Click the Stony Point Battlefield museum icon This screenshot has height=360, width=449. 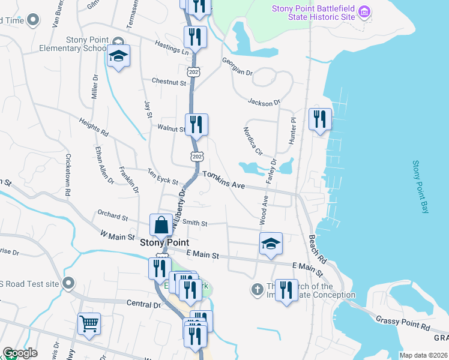364,11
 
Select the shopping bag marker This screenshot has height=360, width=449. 162,226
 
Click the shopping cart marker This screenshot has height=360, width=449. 89,323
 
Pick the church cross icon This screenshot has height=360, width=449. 257,290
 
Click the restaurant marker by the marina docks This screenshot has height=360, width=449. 320,118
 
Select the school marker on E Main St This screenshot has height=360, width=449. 271,244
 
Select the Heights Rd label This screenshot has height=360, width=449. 94,126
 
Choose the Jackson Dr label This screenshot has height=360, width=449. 264,102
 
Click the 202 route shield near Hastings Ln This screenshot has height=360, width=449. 193,72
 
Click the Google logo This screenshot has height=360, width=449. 20,353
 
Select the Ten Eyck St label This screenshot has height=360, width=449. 163,178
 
